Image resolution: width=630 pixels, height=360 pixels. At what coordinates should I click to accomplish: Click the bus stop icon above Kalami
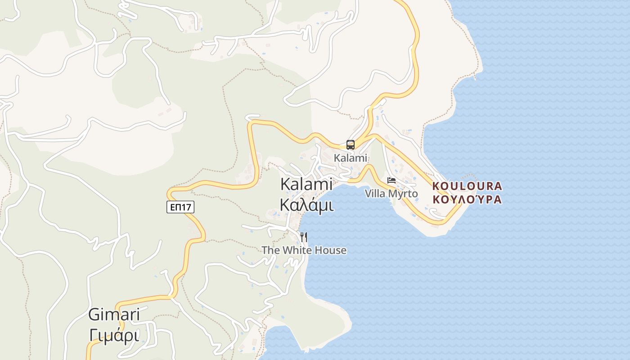coord(351,145)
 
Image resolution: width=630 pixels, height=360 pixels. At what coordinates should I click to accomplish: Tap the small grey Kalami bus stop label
coord(351,158)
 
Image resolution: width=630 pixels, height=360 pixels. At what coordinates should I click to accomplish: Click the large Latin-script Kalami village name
coord(306,184)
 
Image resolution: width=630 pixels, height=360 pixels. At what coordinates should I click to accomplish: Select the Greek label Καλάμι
coord(306,205)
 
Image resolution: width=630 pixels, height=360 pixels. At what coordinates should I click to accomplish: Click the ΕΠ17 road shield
coord(180,207)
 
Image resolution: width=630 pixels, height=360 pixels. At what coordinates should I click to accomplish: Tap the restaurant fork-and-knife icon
coord(304,237)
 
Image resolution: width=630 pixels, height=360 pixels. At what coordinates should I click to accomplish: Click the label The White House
coord(304,250)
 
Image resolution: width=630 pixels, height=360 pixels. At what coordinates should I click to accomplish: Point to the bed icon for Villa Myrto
coord(391,180)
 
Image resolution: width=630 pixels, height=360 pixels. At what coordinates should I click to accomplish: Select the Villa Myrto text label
coord(391,193)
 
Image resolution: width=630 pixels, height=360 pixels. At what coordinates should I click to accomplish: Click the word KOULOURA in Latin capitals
coord(467,186)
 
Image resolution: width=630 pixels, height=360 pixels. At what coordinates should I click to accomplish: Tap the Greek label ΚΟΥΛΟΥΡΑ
coord(467,199)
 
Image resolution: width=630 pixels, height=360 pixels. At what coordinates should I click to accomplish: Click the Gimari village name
coord(114,314)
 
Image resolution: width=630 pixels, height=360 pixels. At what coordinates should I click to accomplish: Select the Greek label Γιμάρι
coord(114,335)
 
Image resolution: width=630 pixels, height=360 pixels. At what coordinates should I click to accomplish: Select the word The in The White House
coord(270,250)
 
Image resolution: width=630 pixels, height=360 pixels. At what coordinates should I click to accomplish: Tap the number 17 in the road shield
coord(186,207)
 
